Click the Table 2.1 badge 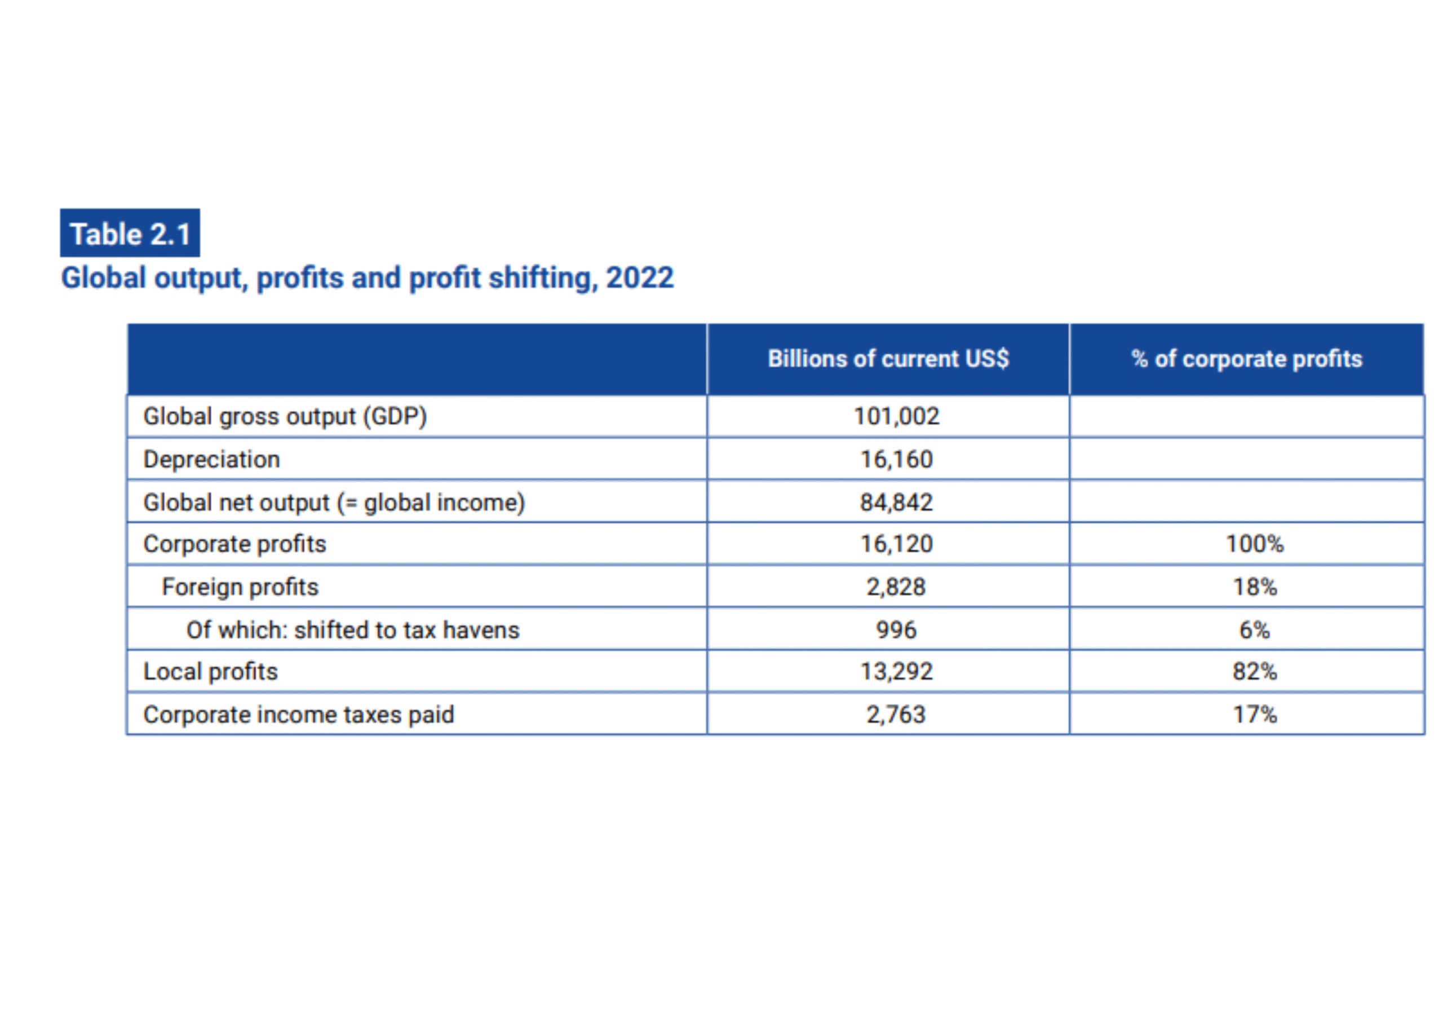130,233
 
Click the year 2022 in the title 639,278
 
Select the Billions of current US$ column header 887,359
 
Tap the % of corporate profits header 1246,359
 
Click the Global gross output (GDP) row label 285,417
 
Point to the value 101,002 896,416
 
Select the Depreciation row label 211,460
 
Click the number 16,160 896,460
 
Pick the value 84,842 896,502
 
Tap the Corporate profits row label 234,544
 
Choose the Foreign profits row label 240,587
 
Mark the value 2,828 896,587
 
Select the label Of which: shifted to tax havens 353,630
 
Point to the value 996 896,630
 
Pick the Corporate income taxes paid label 299,715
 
